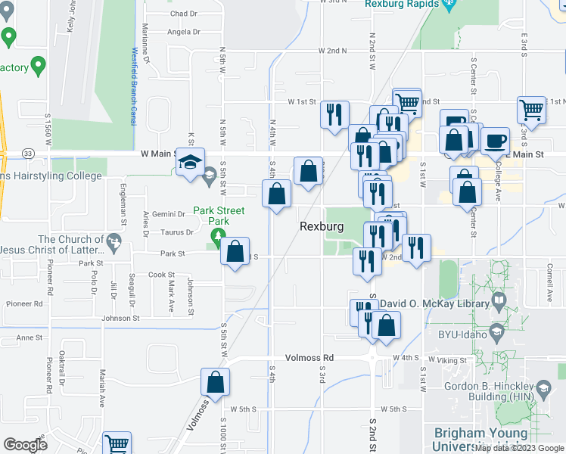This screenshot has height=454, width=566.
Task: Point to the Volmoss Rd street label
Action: click(309, 357)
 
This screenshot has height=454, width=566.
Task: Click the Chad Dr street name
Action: click(183, 14)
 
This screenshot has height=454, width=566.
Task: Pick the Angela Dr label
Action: click(183, 32)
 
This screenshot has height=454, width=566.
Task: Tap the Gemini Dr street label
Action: click(169, 214)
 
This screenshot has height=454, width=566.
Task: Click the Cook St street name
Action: click(161, 275)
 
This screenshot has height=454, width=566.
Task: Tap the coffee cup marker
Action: click(495, 140)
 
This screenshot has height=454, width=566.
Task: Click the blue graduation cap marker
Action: click(190, 160)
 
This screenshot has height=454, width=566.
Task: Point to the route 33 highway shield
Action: click(27, 153)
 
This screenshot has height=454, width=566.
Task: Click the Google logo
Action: click(25, 445)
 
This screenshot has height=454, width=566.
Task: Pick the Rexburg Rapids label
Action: click(402, 4)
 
